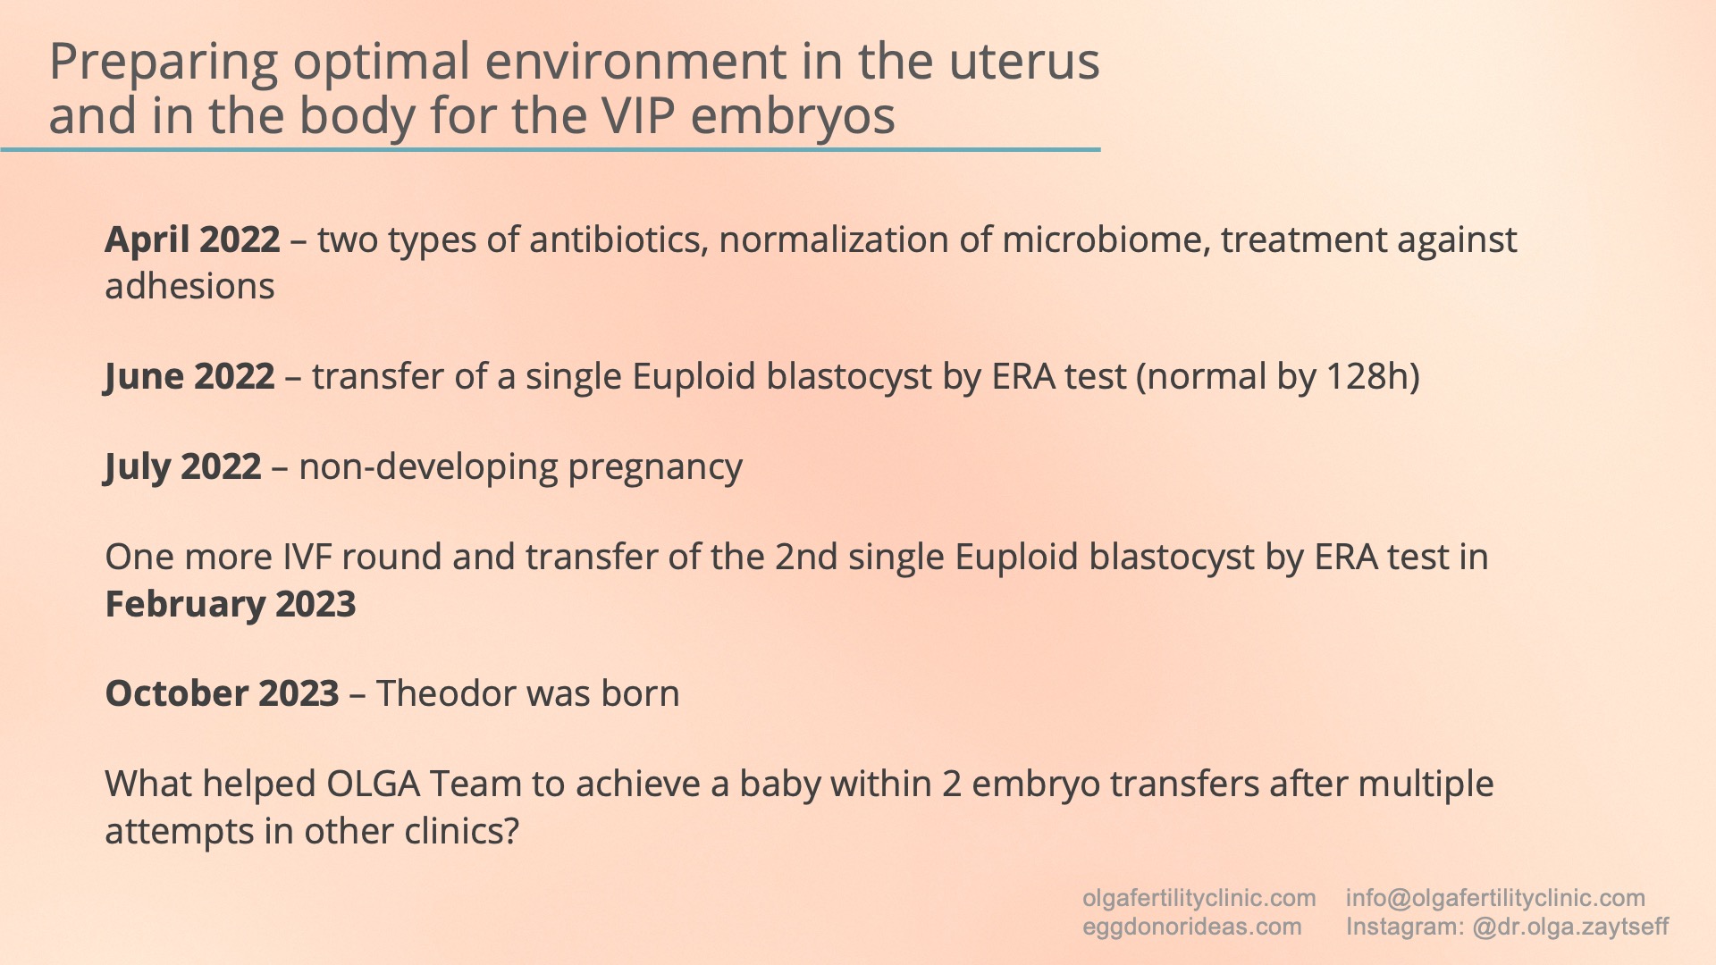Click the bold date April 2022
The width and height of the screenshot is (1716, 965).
coord(192,240)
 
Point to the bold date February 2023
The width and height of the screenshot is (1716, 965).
coord(231,605)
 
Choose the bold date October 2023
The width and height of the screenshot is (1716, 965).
coord(222,694)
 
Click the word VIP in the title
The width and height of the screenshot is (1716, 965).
coord(637,116)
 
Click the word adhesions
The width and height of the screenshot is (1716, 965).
coord(189,287)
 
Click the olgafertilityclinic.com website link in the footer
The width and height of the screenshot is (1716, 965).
coord(1199,898)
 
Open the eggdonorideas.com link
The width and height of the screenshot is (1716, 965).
coord(1191,927)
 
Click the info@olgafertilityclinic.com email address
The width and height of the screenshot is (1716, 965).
coord(1495,898)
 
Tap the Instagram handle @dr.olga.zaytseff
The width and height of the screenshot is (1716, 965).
coord(1570,927)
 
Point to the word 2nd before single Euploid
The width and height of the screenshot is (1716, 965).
coord(806,558)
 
